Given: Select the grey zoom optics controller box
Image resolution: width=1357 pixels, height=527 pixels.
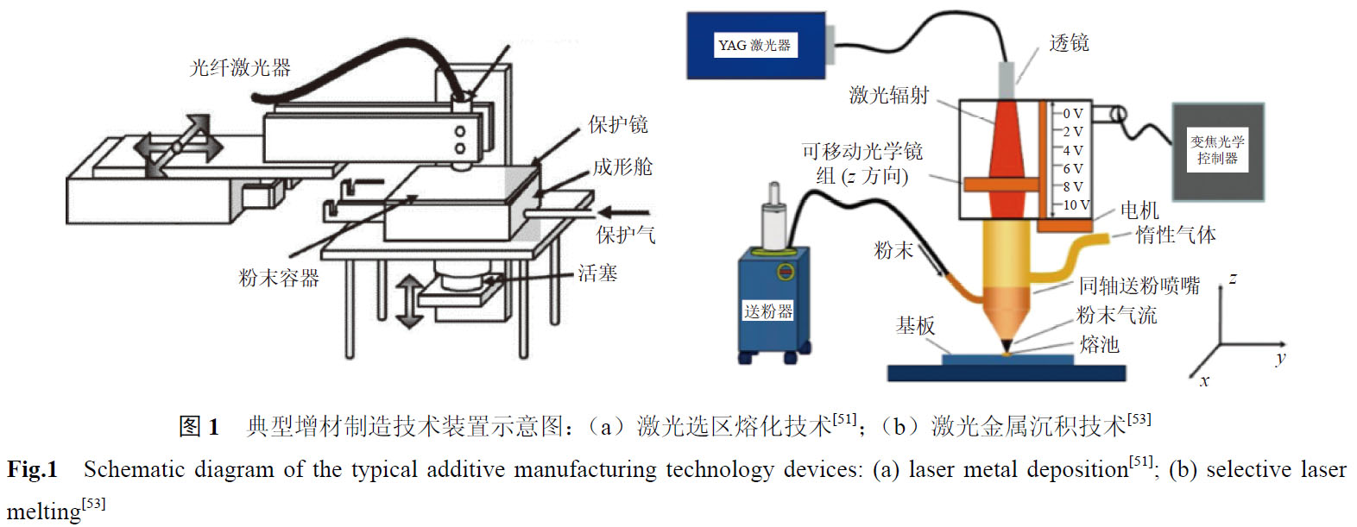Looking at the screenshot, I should tap(1217, 151).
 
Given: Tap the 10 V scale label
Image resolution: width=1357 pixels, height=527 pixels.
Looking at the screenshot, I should tap(1076, 205).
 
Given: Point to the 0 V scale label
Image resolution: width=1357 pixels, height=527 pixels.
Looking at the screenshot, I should tap(1073, 114).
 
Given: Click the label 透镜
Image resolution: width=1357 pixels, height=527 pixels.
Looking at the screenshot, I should tap(1069, 43).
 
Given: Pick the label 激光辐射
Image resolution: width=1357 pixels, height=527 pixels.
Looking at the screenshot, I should tap(888, 96).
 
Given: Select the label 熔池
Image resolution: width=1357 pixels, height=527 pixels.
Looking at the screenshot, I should tap(1099, 345).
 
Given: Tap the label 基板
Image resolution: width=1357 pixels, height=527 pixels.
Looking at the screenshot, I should tap(915, 326).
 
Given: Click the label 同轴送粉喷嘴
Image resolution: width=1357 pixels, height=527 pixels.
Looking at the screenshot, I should tap(1139, 286).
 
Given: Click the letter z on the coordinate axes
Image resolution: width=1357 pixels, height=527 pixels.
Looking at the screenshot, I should tap(1233, 279).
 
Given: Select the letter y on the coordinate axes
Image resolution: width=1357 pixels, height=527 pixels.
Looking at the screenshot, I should tap(1280, 358).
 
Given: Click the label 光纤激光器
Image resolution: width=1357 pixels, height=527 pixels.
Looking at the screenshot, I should tap(240, 68).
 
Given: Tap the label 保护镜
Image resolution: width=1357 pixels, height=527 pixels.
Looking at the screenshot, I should tap(617, 125).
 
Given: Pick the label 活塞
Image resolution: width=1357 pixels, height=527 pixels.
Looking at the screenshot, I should tap(597, 274).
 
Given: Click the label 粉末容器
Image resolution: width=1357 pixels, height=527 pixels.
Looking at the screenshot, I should tap(279, 279).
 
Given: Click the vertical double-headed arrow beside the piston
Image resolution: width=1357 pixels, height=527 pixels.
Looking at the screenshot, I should tap(408, 302).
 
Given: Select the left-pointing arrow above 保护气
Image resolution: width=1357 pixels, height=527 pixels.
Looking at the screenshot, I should tap(623, 212).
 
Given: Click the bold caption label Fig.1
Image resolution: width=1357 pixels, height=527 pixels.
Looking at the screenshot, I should tap(33, 470).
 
